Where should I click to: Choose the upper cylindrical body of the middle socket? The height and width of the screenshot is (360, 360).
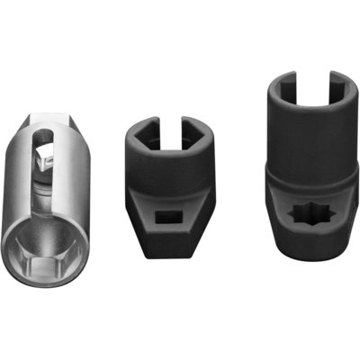click(171, 153)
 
